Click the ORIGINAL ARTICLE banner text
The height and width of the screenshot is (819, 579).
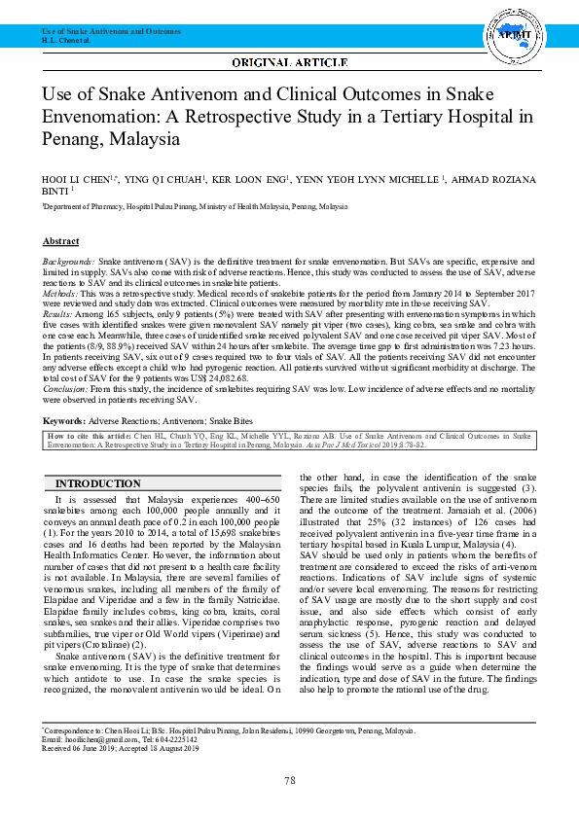click(289, 63)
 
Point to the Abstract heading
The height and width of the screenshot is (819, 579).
click(60, 241)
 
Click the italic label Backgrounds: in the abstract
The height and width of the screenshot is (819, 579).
click(68, 263)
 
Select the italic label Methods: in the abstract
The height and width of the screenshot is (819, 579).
click(60, 292)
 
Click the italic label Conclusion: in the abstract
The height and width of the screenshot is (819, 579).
click(64, 389)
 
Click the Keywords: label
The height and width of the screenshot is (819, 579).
click(64, 420)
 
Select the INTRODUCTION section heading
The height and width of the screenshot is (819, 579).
click(98, 484)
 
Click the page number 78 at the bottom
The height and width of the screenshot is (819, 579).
click(289, 781)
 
